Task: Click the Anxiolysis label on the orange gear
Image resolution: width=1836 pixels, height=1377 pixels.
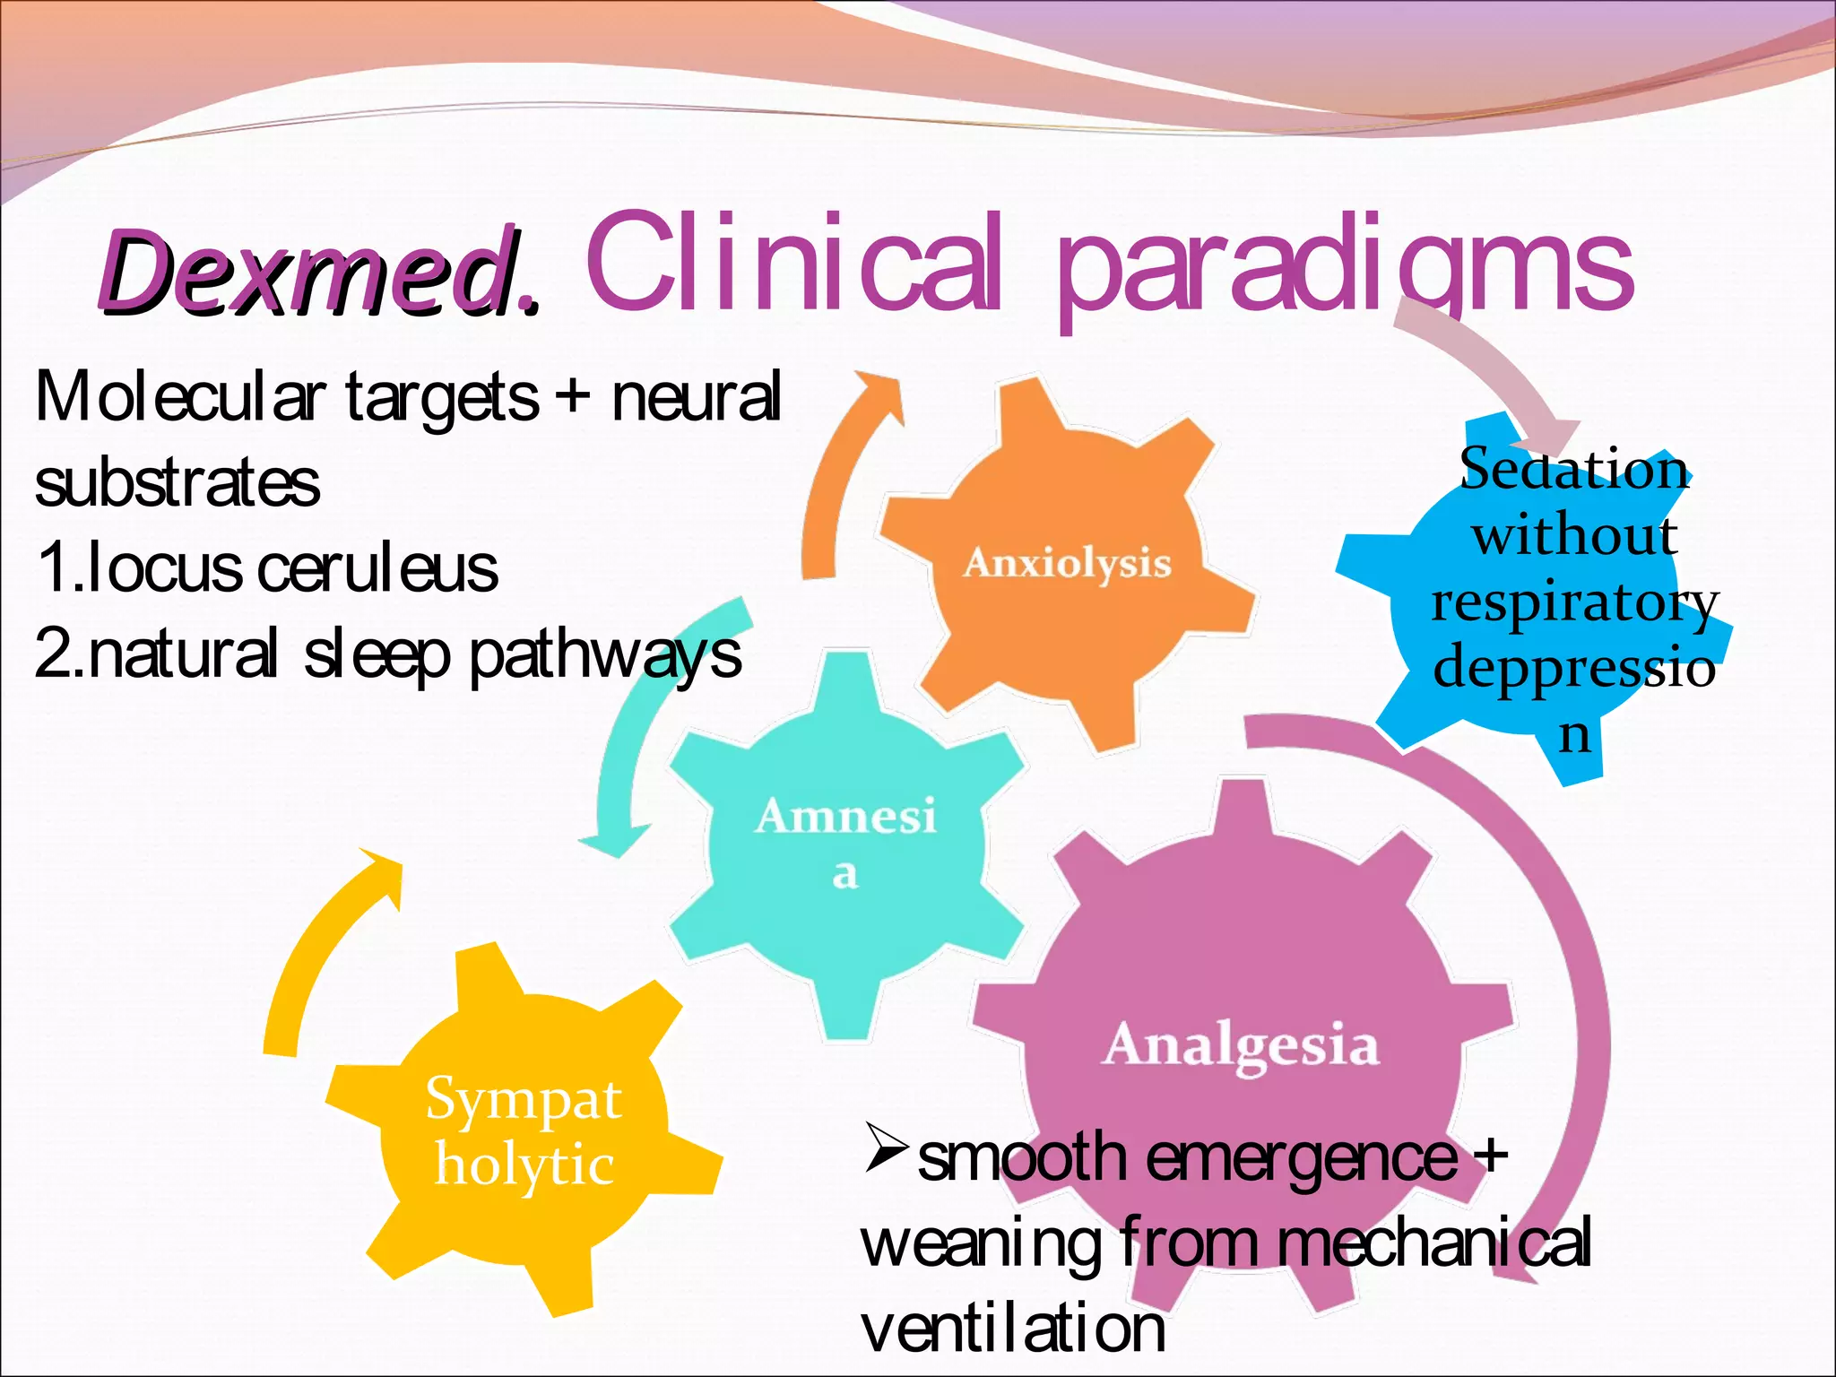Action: click(1067, 563)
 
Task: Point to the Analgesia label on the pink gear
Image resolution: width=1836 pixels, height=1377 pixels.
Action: click(1241, 1045)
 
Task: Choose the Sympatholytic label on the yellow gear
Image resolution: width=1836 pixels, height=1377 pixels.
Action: click(524, 1131)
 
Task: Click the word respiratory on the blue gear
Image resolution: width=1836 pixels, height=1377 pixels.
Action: click(1574, 602)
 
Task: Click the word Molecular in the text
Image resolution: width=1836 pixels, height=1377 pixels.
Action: click(179, 397)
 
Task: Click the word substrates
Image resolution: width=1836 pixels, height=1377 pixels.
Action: click(177, 483)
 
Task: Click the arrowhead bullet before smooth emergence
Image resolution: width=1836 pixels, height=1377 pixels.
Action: click(886, 1150)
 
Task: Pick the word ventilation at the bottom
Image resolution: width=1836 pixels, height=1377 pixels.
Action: click(1013, 1328)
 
